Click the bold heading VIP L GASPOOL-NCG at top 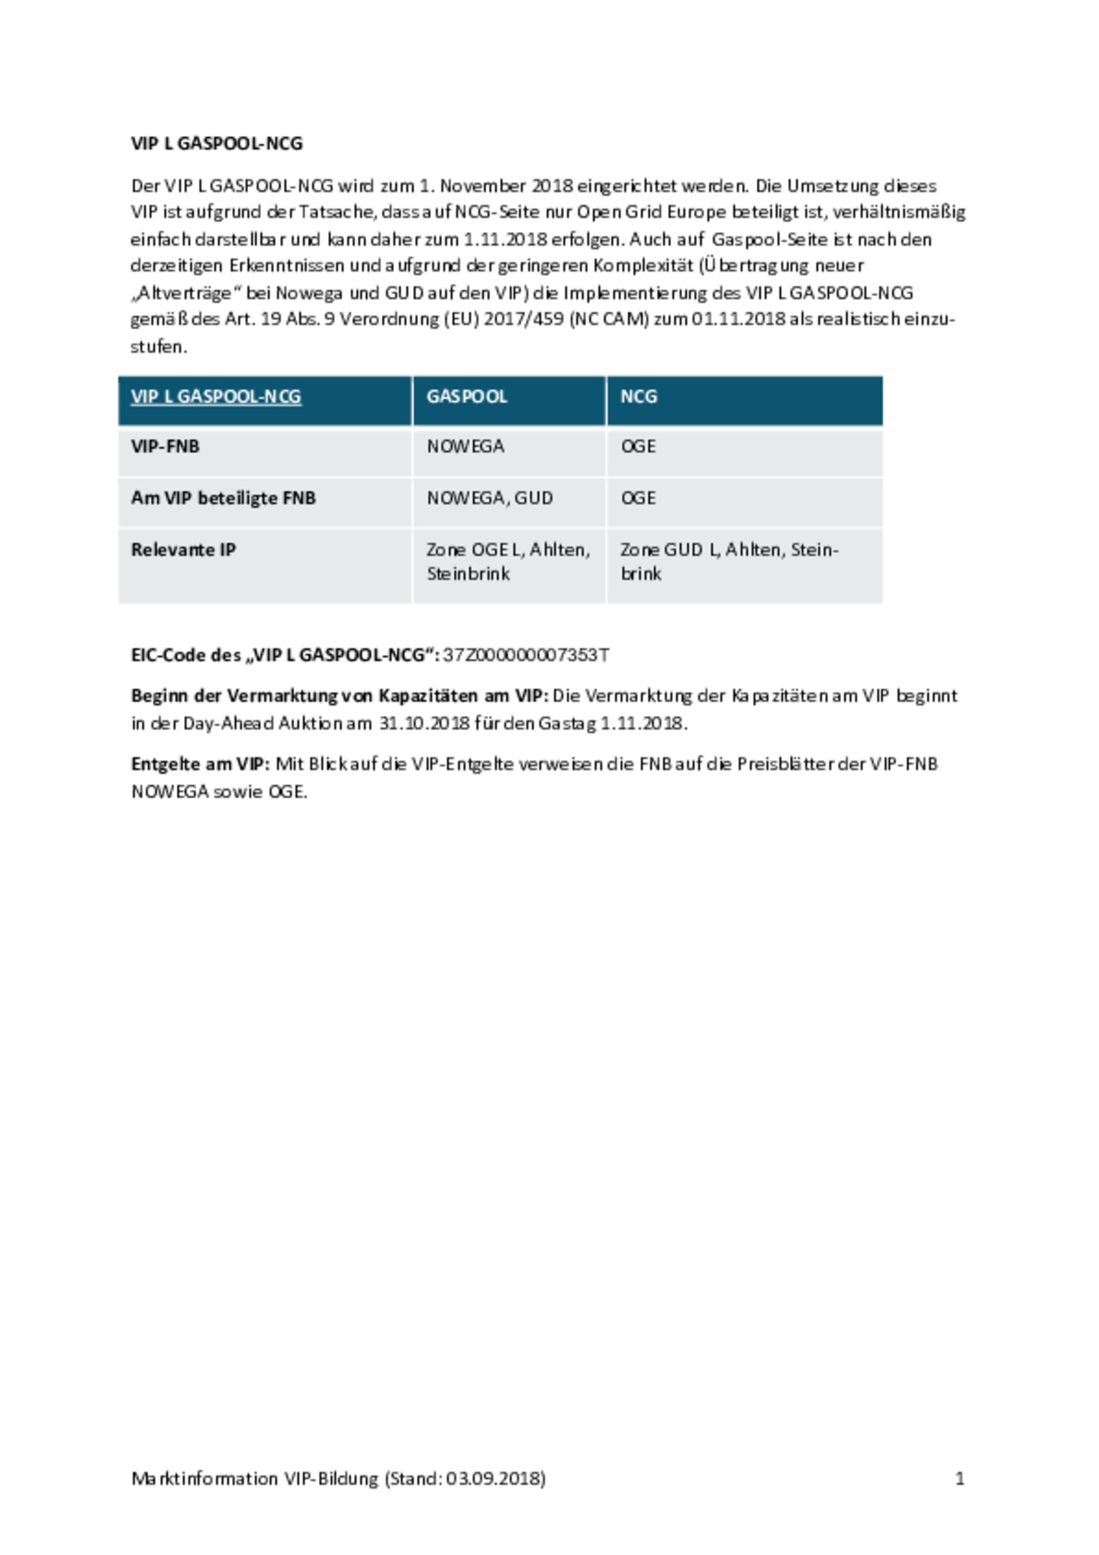coord(217,143)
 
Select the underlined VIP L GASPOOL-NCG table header coord(216,397)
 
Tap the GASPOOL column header coord(466,397)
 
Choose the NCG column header coord(638,397)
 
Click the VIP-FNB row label coord(165,446)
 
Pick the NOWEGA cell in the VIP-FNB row coord(465,446)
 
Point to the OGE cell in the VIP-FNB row coord(638,446)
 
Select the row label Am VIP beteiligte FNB coord(223,498)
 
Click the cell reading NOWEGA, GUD coord(489,498)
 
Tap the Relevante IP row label coord(183,550)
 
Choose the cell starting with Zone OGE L coord(508,562)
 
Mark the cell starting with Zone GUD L coord(729,562)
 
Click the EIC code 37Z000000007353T coord(526,655)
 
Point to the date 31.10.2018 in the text coord(424,723)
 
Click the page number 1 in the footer coord(959,1479)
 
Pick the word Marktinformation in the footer coord(204,1479)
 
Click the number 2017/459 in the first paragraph coord(523,319)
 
